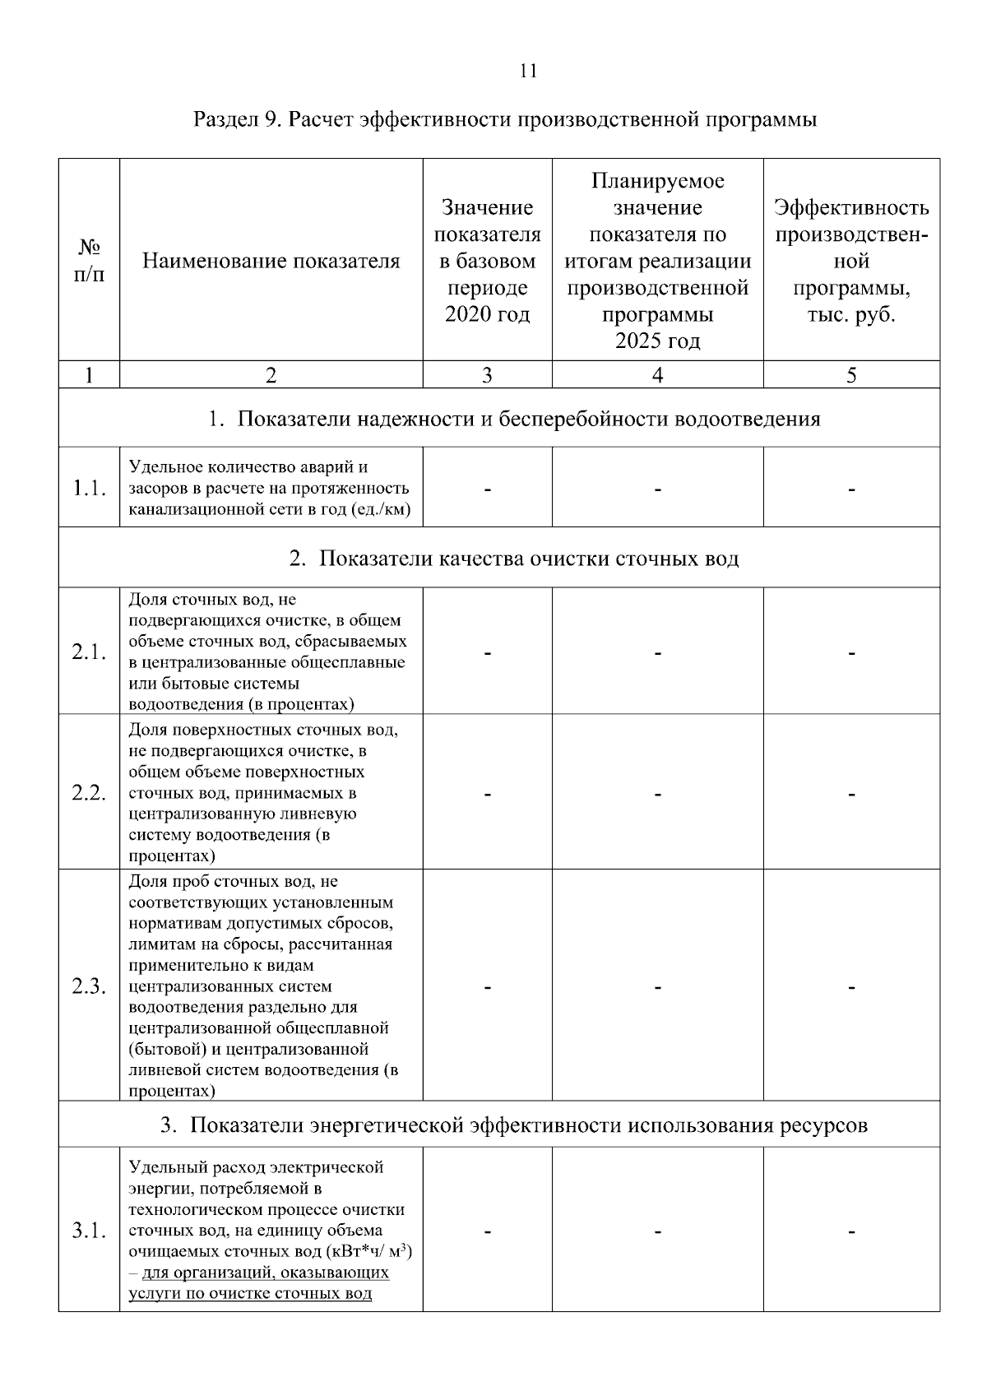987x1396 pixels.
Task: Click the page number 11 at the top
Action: (x=528, y=71)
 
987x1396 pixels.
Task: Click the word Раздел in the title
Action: (x=225, y=119)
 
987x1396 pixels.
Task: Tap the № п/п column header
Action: (x=89, y=260)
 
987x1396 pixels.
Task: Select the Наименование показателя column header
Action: (x=271, y=262)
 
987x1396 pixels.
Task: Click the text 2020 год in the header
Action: (x=487, y=315)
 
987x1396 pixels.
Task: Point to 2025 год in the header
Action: (x=657, y=341)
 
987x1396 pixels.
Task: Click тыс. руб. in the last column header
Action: (x=851, y=315)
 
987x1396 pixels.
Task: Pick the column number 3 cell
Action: (x=487, y=376)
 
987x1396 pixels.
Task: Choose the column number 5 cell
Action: (x=851, y=376)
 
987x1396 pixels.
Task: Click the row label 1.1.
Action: (x=89, y=489)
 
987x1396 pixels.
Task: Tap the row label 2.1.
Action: (x=89, y=652)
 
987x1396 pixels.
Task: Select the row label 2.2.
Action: (x=89, y=793)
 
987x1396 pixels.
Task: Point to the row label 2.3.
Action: (x=89, y=986)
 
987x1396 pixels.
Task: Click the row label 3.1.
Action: (x=89, y=1231)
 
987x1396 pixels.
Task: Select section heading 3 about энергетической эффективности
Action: (x=514, y=1125)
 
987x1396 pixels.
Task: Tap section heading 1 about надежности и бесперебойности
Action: (x=514, y=420)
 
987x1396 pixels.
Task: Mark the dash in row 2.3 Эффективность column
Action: (x=851, y=986)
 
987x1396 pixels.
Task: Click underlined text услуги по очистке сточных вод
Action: (x=250, y=1293)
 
